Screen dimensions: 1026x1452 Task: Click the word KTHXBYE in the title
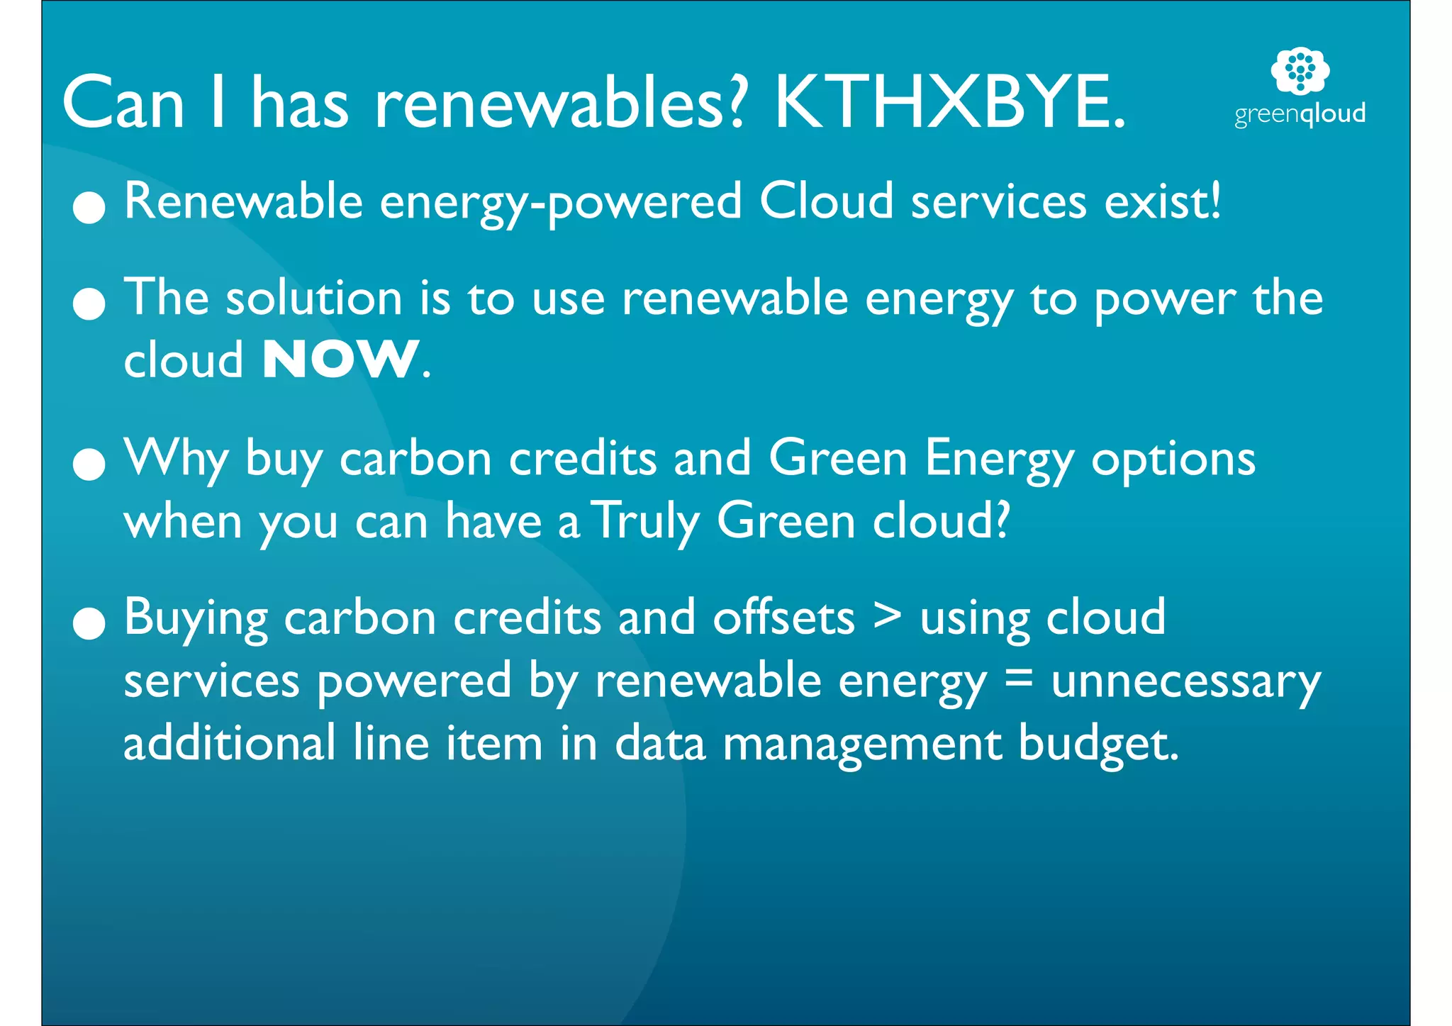tap(950, 104)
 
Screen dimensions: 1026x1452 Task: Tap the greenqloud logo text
tap(1300, 114)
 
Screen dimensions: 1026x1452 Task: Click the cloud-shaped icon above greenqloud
tap(1300, 70)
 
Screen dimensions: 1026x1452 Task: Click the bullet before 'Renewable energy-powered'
tap(89, 207)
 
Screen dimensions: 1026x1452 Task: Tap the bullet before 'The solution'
tap(89, 303)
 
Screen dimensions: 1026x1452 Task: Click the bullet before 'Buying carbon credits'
tap(89, 623)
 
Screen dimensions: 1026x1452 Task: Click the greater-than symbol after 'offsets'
tap(887, 616)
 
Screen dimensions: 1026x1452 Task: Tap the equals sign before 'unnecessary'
tap(1019, 679)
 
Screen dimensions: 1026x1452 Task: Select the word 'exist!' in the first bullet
tap(1163, 201)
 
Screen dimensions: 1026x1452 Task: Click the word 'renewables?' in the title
tap(560, 104)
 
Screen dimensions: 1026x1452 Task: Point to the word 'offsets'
tap(783, 618)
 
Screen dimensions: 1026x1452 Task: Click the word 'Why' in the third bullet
tap(176, 459)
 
